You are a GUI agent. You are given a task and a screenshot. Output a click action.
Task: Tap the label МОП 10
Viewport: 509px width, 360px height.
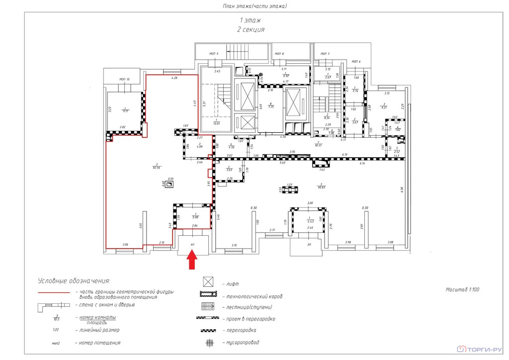point(124,79)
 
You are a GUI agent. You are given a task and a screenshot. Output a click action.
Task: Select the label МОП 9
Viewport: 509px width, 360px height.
point(214,53)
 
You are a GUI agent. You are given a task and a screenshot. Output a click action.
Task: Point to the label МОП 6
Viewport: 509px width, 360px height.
point(356,62)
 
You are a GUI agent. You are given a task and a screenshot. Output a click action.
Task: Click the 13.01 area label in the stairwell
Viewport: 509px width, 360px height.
point(217,123)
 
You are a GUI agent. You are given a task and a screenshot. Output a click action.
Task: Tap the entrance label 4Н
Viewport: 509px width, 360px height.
point(192,245)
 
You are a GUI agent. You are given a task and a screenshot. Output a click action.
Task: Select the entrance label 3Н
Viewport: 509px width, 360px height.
point(309,244)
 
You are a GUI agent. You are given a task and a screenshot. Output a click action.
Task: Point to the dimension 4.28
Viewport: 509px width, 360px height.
point(174,79)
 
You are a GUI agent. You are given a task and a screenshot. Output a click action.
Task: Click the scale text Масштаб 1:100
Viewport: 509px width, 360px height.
point(462,289)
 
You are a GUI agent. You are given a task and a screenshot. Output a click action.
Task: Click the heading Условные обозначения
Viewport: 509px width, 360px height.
point(74,281)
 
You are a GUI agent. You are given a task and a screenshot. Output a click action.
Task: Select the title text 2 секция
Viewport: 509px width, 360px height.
point(251,30)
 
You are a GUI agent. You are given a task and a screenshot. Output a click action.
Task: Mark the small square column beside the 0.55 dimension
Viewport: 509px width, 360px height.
point(170,184)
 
